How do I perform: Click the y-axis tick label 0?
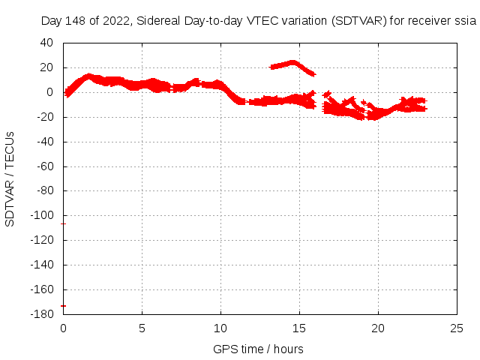coord(52,92)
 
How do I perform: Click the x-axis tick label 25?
coord(457,328)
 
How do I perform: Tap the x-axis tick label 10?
coord(220,328)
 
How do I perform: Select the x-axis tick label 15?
coord(299,328)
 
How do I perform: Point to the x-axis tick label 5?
coord(142,328)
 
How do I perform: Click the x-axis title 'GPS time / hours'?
coord(258,349)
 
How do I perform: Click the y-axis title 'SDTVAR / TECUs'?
coord(10,178)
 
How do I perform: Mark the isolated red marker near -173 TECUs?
coord(63,305)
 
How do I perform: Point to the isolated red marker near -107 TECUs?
coord(63,224)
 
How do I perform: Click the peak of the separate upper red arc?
coord(292,62)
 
